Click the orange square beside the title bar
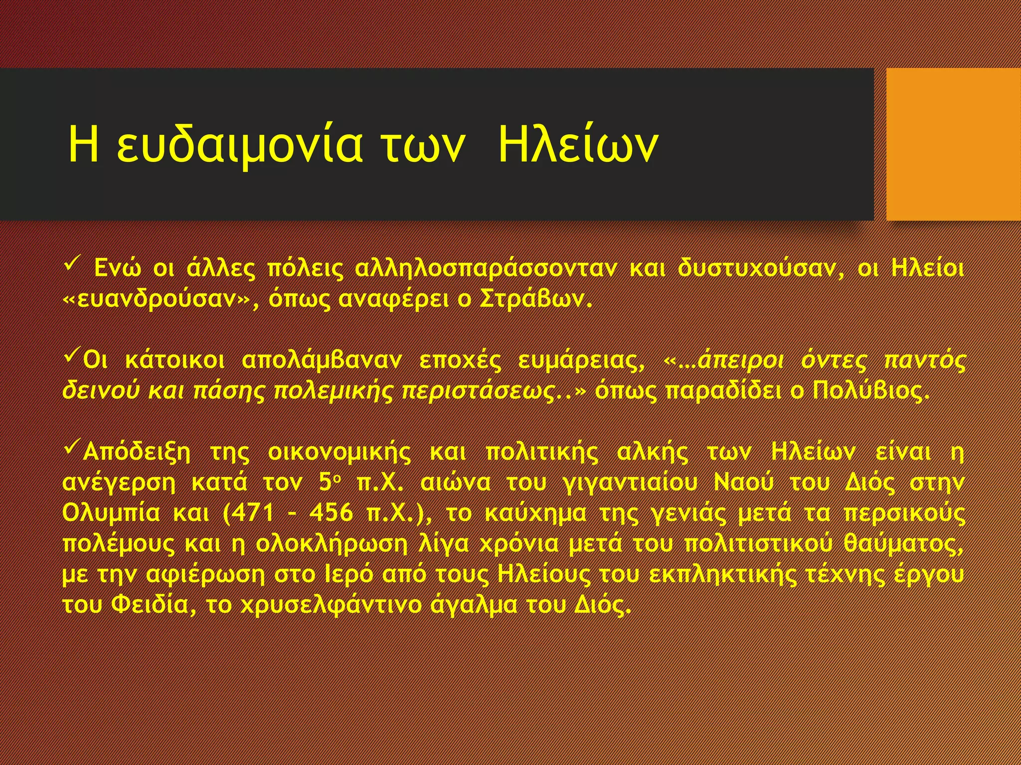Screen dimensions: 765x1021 click(x=953, y=144)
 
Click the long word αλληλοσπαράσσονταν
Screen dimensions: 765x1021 click(x=486, y=269)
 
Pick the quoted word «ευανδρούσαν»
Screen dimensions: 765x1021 click(x=158, y=299)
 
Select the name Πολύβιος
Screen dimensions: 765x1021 click(x=870, y=391)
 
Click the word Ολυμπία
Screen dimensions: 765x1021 click(x=111, y=513)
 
